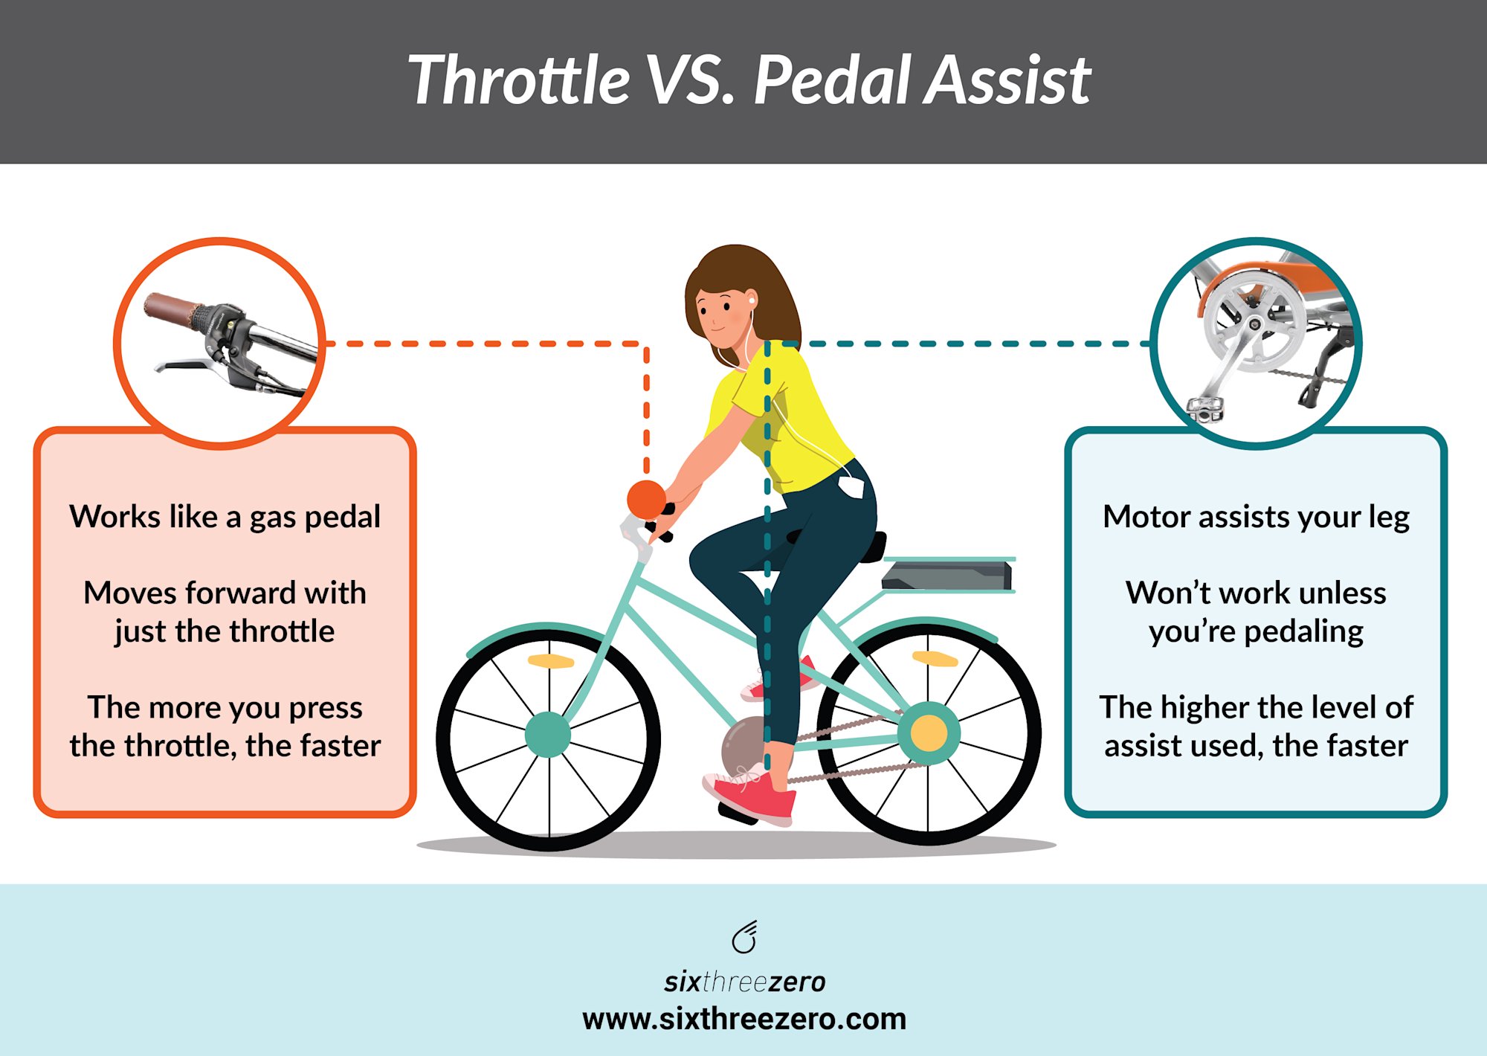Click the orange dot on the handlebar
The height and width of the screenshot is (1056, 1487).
pyautogui.click(x=646, y=499)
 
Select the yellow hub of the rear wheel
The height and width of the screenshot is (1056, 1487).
pyautogui.click(x=929, y=733)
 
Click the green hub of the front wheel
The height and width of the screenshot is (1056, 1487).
pyautogui.click(x=548, y=734)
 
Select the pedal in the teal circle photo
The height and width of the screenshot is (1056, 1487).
pyautogui.click(x=1204, y=408)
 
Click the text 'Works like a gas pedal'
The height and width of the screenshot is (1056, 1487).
pyautogui.click(x=225, y=517)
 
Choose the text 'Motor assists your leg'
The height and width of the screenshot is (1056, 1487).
pyautogui.click(x=1256, y=517)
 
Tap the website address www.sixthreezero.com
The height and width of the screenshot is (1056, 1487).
pyautogui.click(x=744, y=1019)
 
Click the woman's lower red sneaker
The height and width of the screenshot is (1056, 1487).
pyautogui.click(x=751, y=796)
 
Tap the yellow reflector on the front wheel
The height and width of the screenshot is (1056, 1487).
pyautogui.click(x=550, y=661)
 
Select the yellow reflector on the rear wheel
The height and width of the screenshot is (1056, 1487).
pyautogui.click(x=935, y=658)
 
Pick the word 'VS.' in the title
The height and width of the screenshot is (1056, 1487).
pyautogui.click(x=689, y=80)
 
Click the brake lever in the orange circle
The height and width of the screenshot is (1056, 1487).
pyautogui.click(x=186, y=364)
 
